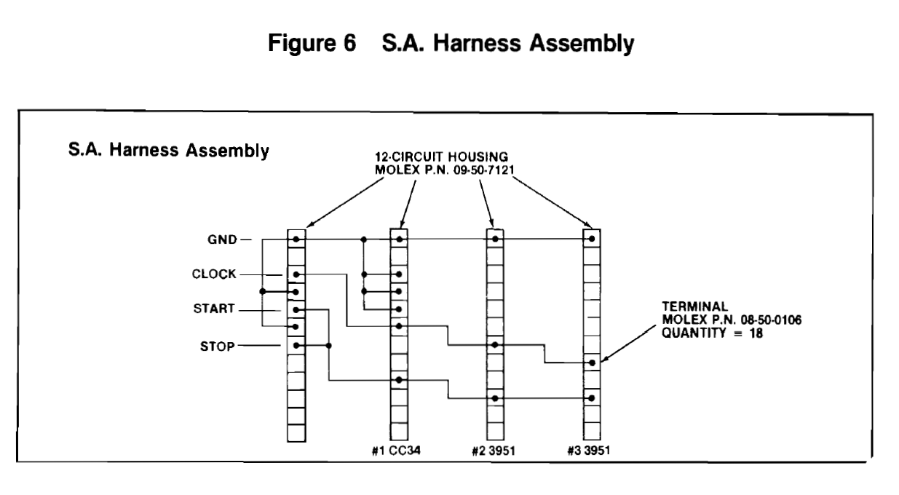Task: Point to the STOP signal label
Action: [217, 346]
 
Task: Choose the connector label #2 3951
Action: [494, 448]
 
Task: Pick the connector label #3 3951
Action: [591, 448]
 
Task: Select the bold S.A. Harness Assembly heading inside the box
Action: [168, 154]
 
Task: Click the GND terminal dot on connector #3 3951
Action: [592, 239]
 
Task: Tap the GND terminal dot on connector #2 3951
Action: [495, 239]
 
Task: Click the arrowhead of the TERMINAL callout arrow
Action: [601, 360]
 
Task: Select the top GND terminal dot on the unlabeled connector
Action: [296, 239]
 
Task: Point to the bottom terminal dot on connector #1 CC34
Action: [398, 380]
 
